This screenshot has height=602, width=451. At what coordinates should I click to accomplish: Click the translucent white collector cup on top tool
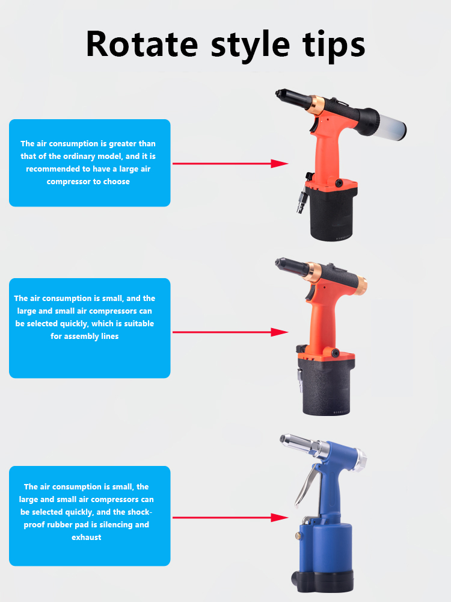[x=390, y=122]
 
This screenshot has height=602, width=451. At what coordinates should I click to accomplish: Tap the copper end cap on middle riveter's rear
[x=363, y=281]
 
